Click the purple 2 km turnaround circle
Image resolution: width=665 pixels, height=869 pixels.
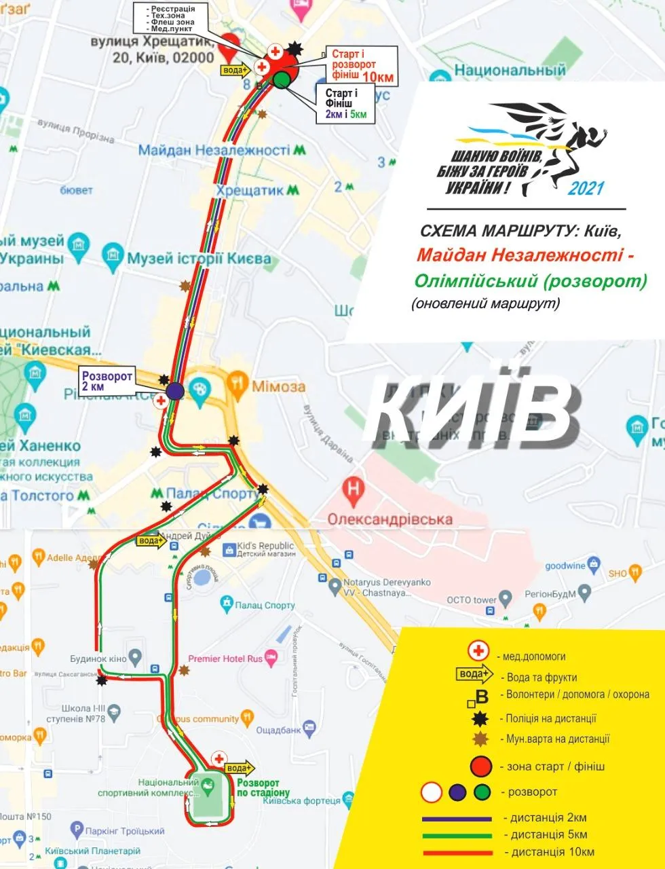[175, 390]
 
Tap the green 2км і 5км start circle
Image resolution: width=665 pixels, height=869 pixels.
[282, 81]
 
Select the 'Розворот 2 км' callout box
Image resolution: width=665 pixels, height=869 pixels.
[106, 381]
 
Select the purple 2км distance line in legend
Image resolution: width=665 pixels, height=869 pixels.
[457, 819]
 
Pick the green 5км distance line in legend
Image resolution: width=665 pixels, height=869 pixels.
[457, 836]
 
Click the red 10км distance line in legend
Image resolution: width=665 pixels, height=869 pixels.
[457, 853]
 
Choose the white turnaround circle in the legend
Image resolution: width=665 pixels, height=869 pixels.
[432, 792]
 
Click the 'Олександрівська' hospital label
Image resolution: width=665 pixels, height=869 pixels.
[389, 519]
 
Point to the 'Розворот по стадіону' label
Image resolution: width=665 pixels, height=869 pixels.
[263, 788]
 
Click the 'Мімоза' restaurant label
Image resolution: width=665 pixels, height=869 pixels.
[278, 386]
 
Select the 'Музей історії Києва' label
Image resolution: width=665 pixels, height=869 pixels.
[199, 258]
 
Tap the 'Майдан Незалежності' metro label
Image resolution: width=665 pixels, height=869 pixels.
[214, 150]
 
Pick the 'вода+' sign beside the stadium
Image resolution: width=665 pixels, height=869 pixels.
[239, 769]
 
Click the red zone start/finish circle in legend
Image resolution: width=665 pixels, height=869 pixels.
[480, 766]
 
